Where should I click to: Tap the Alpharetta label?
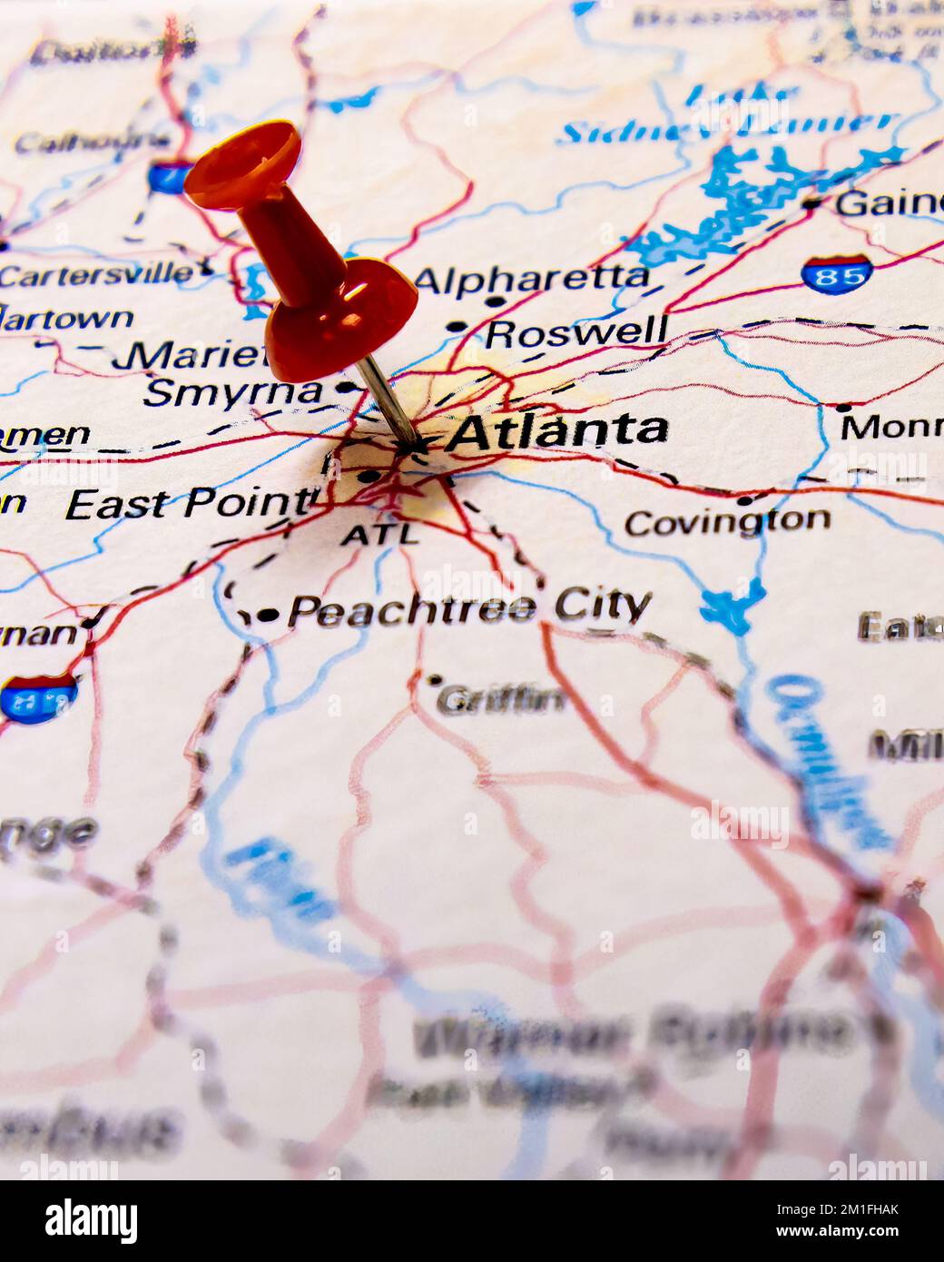[532, 277]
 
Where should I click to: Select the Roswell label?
[576, 332]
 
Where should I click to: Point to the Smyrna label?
[233, 392]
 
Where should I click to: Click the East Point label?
[189, 503]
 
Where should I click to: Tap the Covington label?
[727, 521]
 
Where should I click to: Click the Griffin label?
[501, 699]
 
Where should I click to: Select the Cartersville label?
[97, 275]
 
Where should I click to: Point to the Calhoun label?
[91, 142]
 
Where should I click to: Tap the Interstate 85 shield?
[837, 272]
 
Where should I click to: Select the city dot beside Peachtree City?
[268, 615]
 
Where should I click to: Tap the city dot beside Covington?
[744, 499]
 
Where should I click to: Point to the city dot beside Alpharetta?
[495, 301]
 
